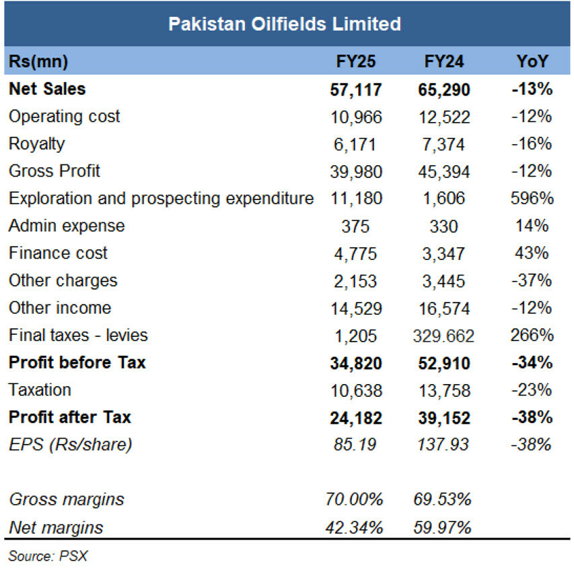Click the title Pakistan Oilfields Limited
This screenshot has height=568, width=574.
[285, 24]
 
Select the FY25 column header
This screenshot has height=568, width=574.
[356, 61]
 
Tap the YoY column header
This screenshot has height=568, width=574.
[532, 61]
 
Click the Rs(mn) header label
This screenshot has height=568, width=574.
[38, 61]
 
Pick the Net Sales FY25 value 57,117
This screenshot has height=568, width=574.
[356, 90]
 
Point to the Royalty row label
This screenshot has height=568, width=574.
[36, 144]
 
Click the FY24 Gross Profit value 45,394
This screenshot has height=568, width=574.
[444, 172]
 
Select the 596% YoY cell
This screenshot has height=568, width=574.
[532, 198]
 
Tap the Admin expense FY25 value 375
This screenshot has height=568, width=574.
[355, 226]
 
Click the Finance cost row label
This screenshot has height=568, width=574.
[58, 253]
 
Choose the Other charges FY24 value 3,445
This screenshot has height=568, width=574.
[443, 282]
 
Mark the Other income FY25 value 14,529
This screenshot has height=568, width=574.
[356, 309]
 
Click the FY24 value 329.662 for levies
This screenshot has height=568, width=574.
[443, 336]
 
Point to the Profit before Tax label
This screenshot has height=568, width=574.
[77, 362]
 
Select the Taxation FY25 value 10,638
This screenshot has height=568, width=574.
[356, 391]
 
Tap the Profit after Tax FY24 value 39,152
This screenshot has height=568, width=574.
[444, 418]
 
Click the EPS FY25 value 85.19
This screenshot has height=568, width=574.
[355, 445]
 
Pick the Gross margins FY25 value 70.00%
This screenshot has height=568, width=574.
[354, 499]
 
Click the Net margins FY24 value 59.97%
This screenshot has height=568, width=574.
[442, 528]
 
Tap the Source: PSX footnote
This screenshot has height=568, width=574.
[48, 556]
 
